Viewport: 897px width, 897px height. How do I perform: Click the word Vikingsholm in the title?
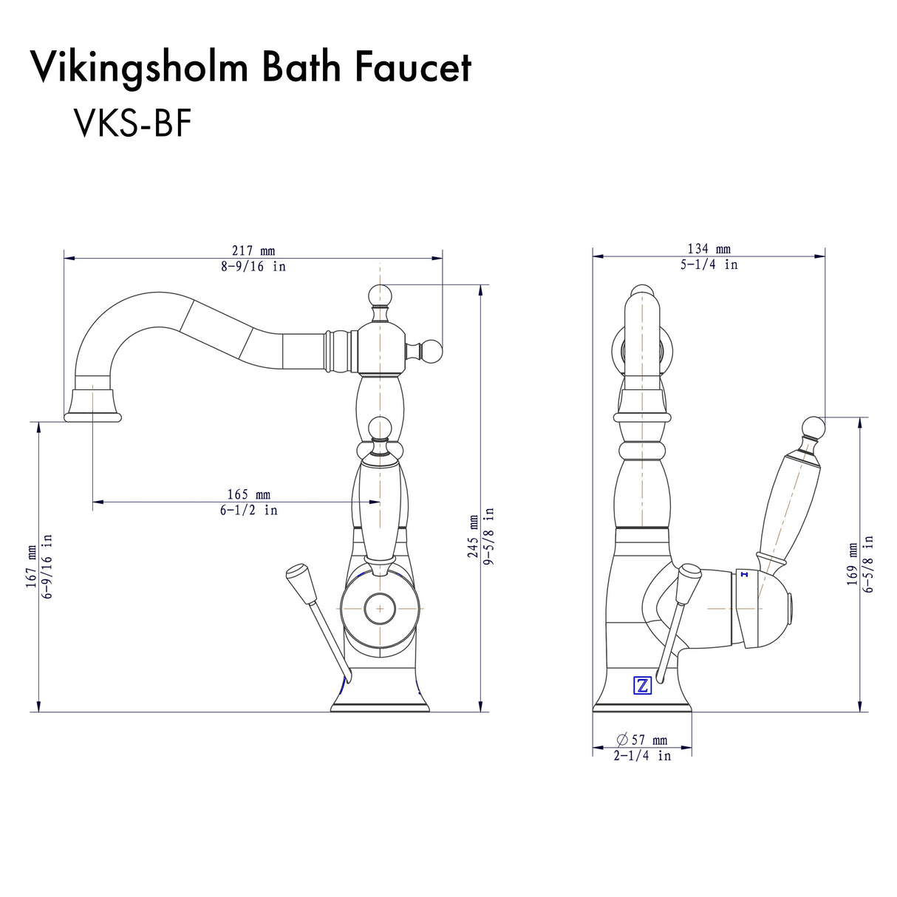(x=139, y=69)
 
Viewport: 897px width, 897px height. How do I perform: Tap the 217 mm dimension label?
(x=253, y=251)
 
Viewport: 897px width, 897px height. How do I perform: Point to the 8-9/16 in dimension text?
(x=253, y=267)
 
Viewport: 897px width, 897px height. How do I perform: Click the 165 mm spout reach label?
(x=248, y=494)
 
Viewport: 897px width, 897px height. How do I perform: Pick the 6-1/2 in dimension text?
(x=248, y=510)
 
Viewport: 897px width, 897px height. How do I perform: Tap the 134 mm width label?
(x=709, y=249)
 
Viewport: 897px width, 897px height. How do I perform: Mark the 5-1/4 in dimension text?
(x=709, y=265)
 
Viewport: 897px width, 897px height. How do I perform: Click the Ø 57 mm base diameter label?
(x=641, y=740)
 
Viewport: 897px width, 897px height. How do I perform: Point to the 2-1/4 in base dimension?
(x=642, y=756)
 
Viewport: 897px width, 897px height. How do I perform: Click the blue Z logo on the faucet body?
(x=642, y=686)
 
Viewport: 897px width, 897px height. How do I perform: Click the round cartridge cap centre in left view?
(x=379, y=608)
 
